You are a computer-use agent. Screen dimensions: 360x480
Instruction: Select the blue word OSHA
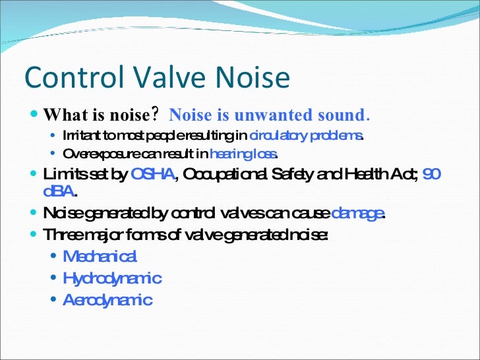point(153,174)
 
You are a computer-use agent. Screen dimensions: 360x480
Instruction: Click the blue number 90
point(431,174)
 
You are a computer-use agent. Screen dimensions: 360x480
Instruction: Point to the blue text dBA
point(59,193)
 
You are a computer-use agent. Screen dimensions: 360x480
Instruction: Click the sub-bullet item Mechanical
point(100,257)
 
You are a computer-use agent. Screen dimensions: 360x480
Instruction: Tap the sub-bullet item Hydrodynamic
point(112,278)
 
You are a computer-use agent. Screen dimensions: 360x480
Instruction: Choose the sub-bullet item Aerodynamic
point(107,300)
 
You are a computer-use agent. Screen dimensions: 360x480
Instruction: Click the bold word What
point(65,115)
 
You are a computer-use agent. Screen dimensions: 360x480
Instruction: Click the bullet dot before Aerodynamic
point(53,300)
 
